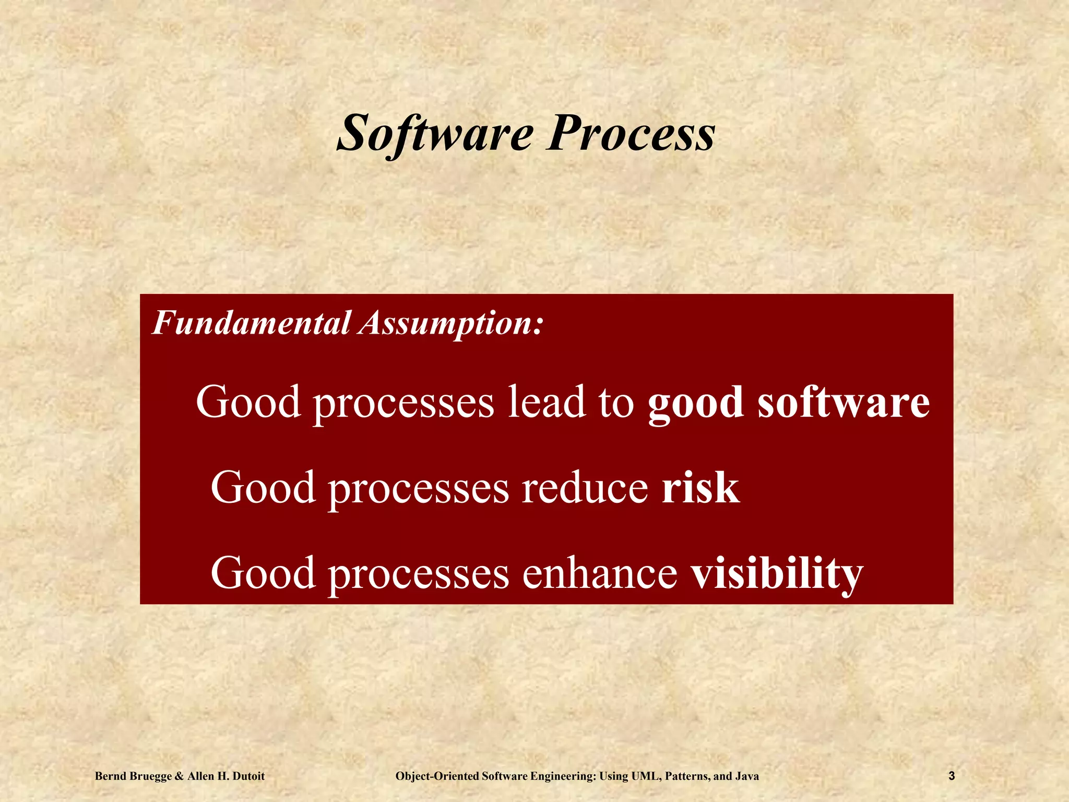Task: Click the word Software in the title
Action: point(435,134)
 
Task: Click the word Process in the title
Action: point(630,134)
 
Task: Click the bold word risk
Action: point(700,487)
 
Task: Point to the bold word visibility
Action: point(777,573)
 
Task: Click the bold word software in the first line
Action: point(844,402)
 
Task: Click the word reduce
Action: point(585,487)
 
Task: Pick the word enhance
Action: point(600,573)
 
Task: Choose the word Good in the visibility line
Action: point(263,573)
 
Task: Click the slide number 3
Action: point(951,776)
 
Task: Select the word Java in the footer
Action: point(746,776)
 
